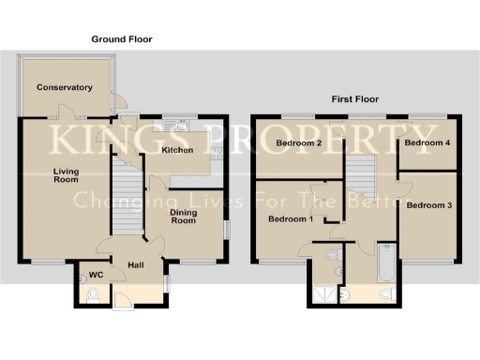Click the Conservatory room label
point(65,87)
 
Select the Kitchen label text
point(177,150)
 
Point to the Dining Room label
point(183,217)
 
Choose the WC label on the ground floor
point(94,276)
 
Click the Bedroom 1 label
point(291,219)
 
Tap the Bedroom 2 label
point(300,143)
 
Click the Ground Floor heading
point(121,39)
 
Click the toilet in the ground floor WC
point(91,296)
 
